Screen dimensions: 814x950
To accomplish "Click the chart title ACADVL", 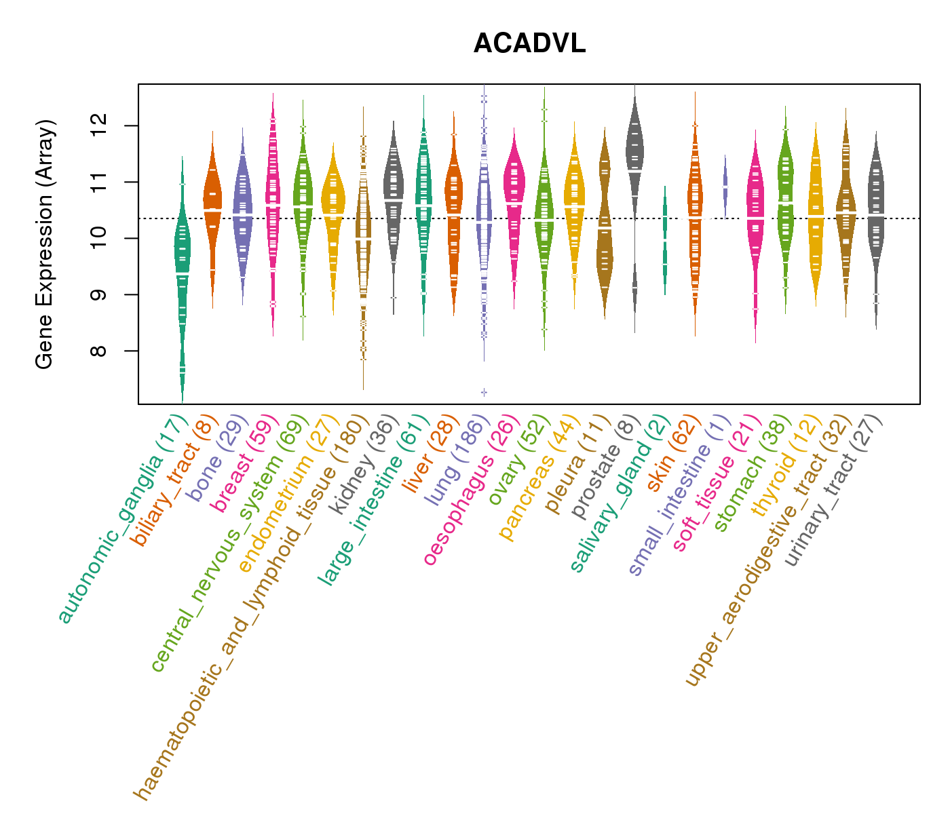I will (x=529, y=44).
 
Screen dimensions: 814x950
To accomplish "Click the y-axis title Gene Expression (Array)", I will (x=45, y=244).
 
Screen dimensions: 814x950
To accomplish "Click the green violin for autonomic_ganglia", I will (x=182, y=271).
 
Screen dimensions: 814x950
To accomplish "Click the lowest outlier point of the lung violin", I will (x=484, y=392).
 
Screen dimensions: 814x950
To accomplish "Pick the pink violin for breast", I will (x=273, y=203).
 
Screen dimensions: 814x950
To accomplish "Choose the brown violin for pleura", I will (x=605, y=224).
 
